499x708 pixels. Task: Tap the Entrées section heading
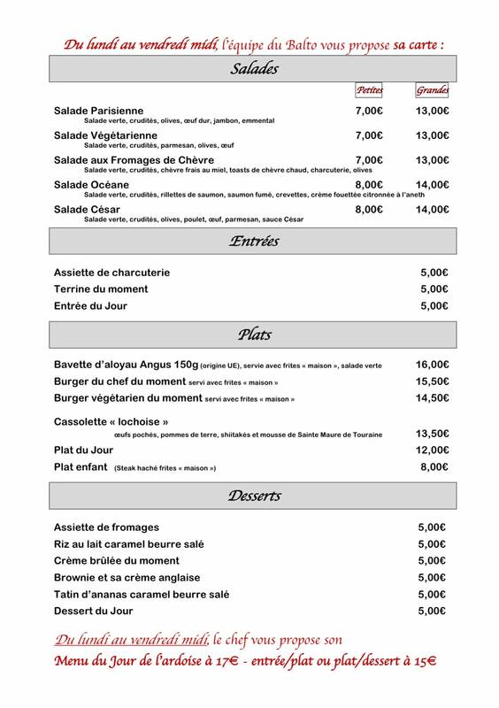(254, 241)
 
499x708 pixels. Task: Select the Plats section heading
(254, 335)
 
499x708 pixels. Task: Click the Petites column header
(368, 90)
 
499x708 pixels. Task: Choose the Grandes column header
(433, 90)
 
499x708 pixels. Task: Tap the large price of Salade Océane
(433, 184)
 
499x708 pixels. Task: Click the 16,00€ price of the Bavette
(433, 365)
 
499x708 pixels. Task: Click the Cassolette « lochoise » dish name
(111, 422)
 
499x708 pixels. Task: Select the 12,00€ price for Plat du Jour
(433, 450)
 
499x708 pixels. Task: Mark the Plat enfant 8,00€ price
(433, 467)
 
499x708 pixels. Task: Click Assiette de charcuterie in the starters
(111, 273)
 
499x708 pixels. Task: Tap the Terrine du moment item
(101, 289)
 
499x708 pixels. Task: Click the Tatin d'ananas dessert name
(142, 594)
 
